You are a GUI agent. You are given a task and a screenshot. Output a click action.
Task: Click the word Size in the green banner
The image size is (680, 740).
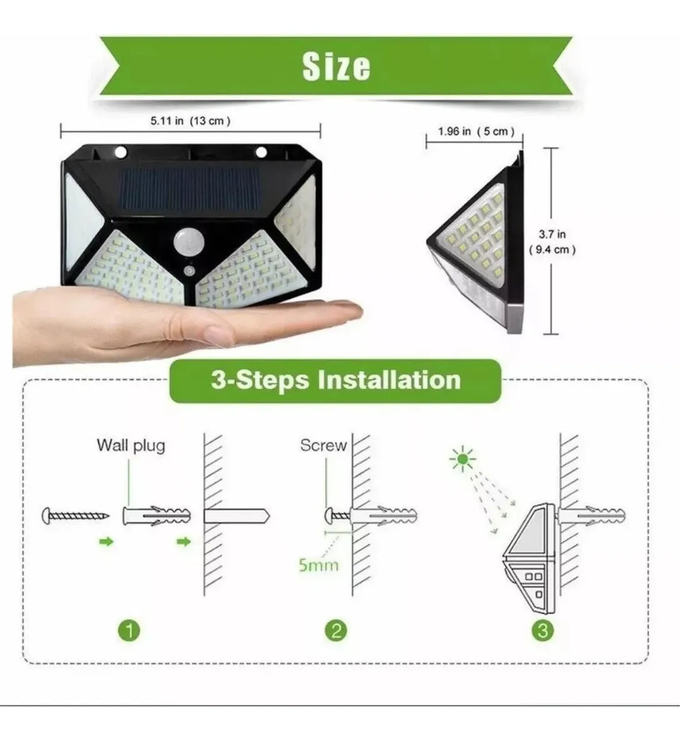[336, 66]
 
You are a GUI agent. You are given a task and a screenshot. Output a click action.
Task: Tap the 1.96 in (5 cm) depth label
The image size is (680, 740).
[476, 132]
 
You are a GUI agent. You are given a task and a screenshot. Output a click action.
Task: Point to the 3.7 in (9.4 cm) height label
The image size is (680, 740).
[551, 242]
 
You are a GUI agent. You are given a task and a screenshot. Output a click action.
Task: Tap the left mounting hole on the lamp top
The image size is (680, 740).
[120, 152]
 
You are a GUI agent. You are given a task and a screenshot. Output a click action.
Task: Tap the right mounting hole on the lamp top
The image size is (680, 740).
[261, 152]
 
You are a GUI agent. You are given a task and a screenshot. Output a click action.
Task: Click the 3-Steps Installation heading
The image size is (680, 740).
[335, 380]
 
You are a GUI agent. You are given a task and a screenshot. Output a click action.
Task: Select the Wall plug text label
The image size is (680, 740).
[131, 445]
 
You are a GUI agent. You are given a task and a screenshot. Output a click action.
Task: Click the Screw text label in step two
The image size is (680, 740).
[323, 445]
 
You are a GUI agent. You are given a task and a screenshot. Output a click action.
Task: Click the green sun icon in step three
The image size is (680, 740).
[463, 459]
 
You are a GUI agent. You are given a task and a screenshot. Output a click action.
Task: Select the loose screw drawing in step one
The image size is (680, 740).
[75, 515]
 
